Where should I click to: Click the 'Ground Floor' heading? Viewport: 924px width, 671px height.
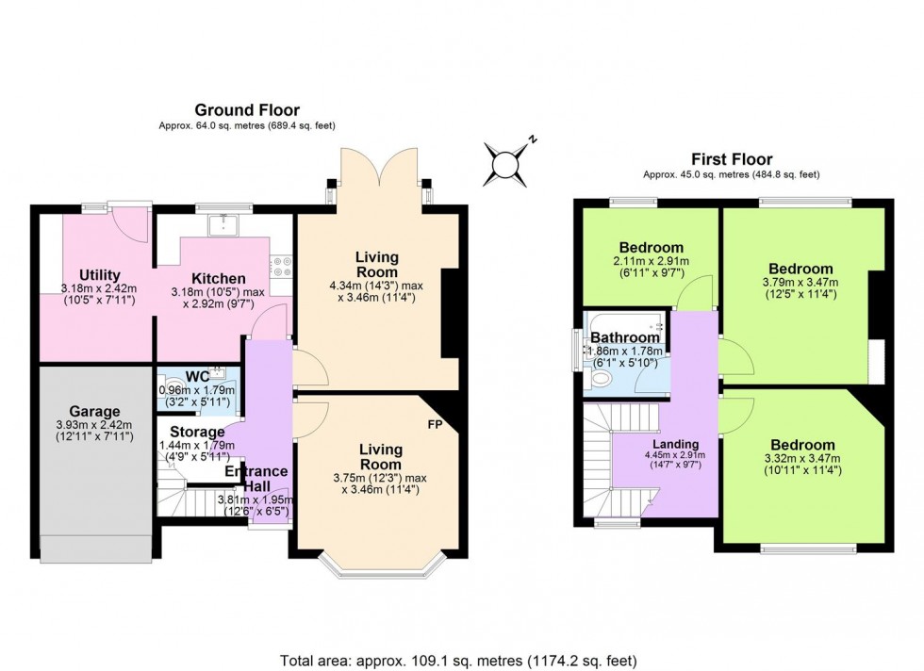point(246,110)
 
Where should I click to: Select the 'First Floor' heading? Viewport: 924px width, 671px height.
point(732,159)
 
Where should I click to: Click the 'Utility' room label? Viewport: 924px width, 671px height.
point(99,274)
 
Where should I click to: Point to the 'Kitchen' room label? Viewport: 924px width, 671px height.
point(219,278)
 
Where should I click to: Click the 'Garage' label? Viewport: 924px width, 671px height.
point(93,412)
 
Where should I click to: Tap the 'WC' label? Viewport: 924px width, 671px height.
point(197,377)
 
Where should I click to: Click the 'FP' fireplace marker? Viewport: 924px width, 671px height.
point(435,424)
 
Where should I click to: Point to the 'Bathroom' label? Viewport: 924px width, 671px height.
point(625,337)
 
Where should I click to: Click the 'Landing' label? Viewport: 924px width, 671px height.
point(676,444)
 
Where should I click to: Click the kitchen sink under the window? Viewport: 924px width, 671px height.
point(224,223)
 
